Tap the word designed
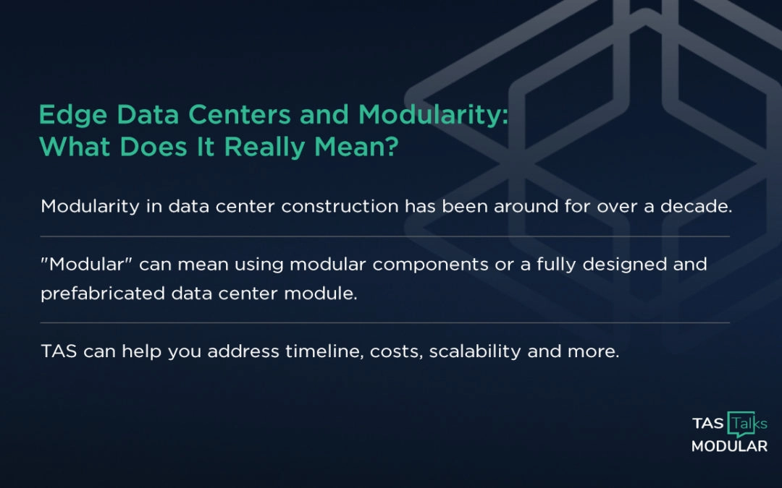pos(633,265)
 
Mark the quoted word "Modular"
pos(86,265)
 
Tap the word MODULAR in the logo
pos(729,446)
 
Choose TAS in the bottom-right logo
pos(707,423)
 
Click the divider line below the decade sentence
pos(384,236)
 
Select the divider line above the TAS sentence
pos(384,322)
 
